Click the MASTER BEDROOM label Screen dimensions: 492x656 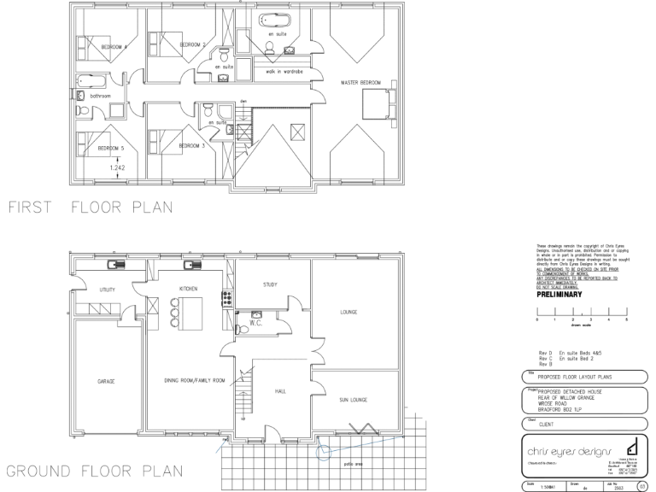tap(360, 82)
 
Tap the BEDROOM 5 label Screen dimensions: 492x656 tap(111, 148)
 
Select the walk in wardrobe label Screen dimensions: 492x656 tap(284, 72)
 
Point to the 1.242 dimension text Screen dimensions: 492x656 tap(118, 167)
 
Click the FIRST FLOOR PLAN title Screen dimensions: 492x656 tap(89, 206)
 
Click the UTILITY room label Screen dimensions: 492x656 tap(107, 290)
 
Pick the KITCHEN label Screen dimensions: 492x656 tap(188, 289)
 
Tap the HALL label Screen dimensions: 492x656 tap(280, 391)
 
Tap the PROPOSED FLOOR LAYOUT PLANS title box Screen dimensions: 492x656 tap(578, 376)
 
